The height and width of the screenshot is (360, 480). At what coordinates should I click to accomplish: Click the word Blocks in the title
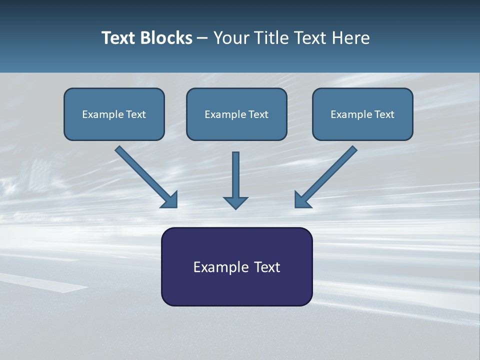point(166,38)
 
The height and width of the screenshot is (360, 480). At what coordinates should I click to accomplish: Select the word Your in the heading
point(231,38)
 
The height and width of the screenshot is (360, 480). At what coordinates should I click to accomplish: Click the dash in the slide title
point(202,38)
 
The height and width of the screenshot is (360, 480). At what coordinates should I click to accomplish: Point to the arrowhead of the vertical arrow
point(235,202)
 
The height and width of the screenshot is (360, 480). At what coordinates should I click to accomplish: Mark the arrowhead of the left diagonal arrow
point(170,200)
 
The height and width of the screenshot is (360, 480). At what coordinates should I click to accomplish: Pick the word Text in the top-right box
point(384,114)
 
